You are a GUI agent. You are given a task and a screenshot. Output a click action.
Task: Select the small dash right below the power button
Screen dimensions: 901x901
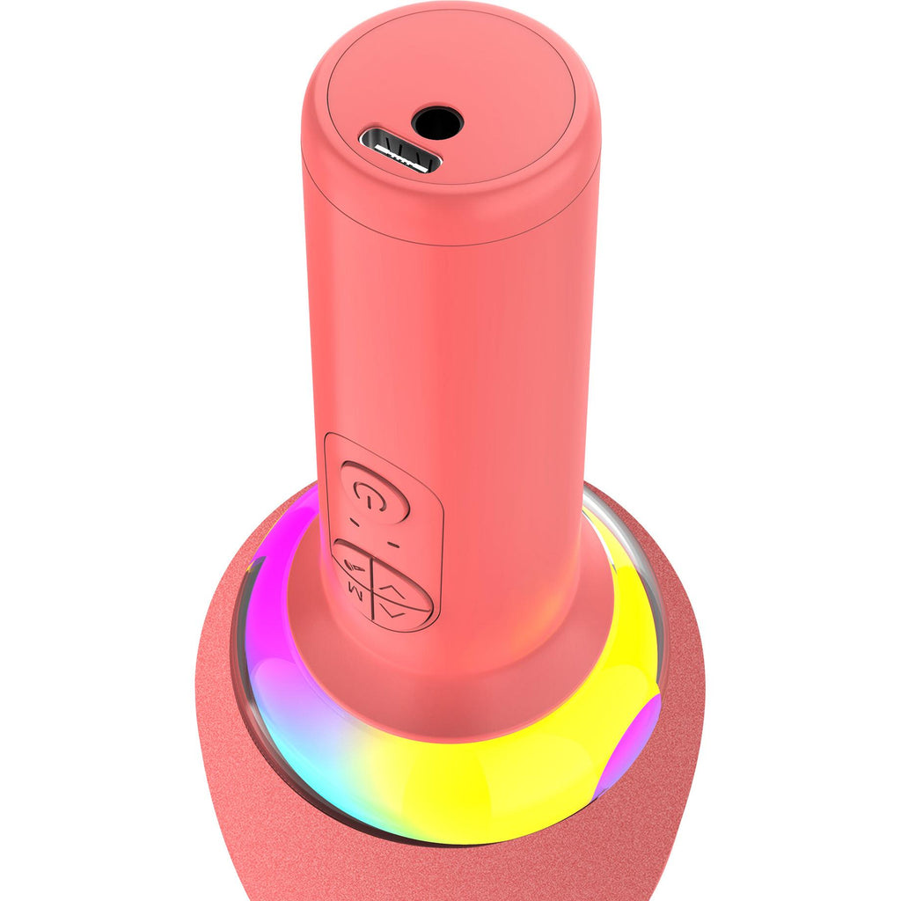coord(392,543)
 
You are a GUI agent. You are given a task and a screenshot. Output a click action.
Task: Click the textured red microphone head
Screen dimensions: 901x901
coord(229,792)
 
